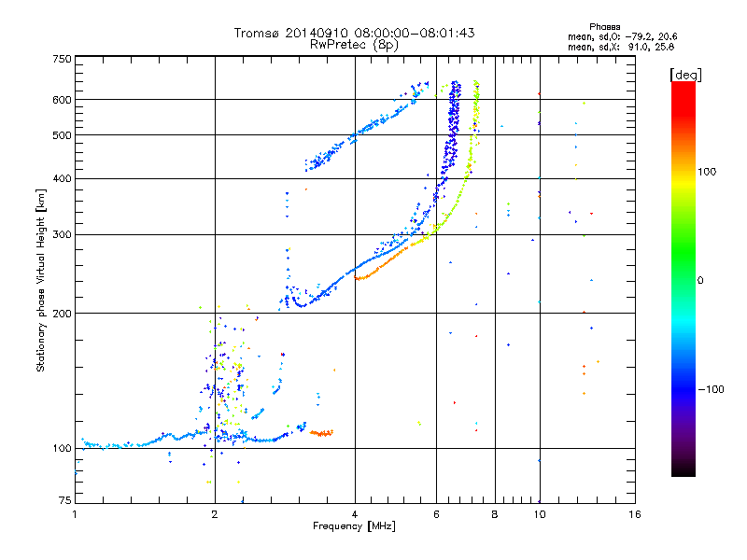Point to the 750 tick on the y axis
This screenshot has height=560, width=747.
pos(63,58)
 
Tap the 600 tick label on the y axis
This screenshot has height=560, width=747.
pos(63,99)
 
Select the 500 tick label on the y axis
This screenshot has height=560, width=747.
pos(63,134)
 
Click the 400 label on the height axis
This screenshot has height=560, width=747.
pos(63,178)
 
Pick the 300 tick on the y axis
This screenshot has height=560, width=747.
pos(63,234)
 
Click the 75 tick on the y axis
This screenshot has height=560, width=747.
pos(65,500)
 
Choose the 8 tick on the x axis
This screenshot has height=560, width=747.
pos(494,514)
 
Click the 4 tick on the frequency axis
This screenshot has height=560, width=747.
pos(355,514)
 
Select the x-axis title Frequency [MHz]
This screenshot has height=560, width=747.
pos(354,526)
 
